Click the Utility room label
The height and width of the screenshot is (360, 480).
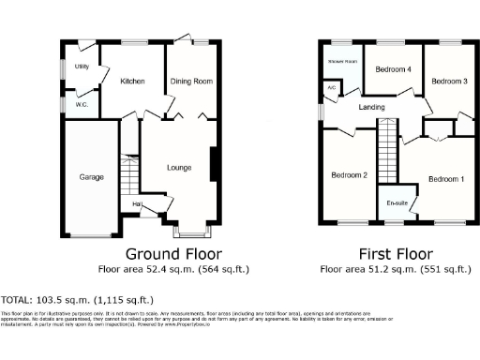click(82, 67)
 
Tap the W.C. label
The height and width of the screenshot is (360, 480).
click(82, 104)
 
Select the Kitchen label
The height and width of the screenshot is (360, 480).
click(132, 82)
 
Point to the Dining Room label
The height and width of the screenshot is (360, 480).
click(190, 82)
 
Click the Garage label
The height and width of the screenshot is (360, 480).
click(91, 176)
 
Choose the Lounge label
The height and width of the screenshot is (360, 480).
click(179, 169)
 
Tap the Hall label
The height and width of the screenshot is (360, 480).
click(137, 203)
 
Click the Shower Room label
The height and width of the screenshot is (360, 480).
click(341, 61)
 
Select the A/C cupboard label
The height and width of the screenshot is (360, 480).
click(331, 88)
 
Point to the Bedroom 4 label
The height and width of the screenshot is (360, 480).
click(394, 69)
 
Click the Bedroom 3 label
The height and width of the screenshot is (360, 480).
click(449, 82)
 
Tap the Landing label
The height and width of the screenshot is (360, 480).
click(372, 107)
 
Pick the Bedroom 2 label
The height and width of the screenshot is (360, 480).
click(349, 175)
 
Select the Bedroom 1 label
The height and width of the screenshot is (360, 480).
click(446, 179)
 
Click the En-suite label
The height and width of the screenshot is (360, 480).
click(396, 203)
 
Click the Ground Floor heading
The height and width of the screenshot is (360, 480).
click(173, 254)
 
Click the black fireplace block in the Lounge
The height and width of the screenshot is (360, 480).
click(215, 163)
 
